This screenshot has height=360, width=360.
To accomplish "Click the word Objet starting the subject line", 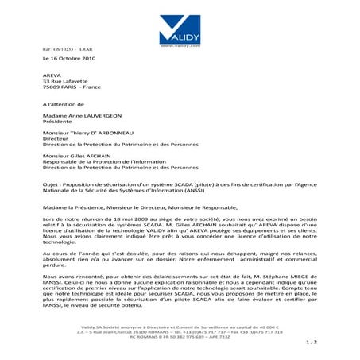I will [51, 185].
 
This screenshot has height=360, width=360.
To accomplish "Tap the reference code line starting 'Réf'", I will [61, 49].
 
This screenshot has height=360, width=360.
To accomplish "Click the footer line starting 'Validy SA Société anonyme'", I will [180, 327].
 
